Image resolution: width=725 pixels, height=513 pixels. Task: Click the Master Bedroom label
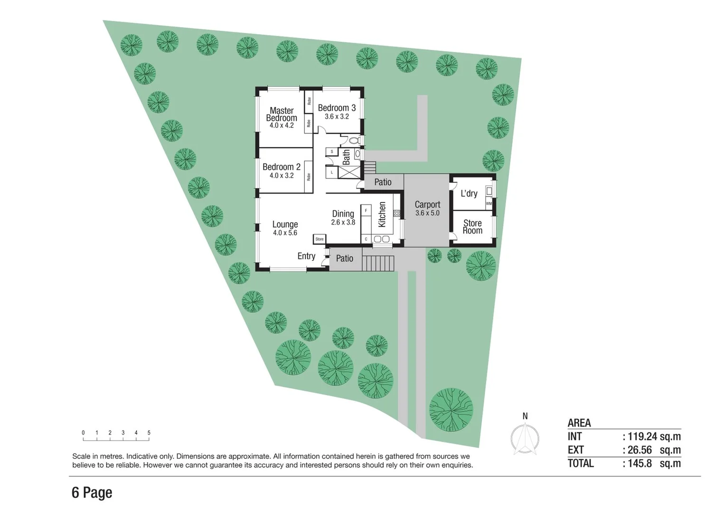click(282, 114)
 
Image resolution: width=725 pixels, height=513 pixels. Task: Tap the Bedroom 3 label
click(337, 108)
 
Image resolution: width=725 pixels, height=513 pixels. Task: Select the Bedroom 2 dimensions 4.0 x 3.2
click(282, 176)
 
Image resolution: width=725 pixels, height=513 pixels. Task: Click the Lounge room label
click(285, 225)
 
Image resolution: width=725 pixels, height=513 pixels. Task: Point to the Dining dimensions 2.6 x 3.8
click(343, 222)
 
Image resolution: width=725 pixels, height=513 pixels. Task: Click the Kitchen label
click(382, 215)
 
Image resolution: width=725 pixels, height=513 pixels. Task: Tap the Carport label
click(427, 205)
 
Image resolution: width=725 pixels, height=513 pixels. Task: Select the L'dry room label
click(469, 194)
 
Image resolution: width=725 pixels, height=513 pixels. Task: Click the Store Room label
click(472, 227)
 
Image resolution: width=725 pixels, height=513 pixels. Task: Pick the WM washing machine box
click(489, 203)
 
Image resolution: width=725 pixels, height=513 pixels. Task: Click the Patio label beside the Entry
click(345, 258)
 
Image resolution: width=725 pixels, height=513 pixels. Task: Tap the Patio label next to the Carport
click(383, 182)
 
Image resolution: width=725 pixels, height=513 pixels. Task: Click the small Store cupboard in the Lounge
click(320, 239)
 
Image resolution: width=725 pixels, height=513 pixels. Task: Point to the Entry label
click(306, 256)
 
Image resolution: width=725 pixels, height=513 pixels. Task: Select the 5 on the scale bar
click(149, 433)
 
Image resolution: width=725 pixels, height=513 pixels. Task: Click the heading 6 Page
click(92, 493)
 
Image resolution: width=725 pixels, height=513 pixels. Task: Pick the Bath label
click(346, 157)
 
